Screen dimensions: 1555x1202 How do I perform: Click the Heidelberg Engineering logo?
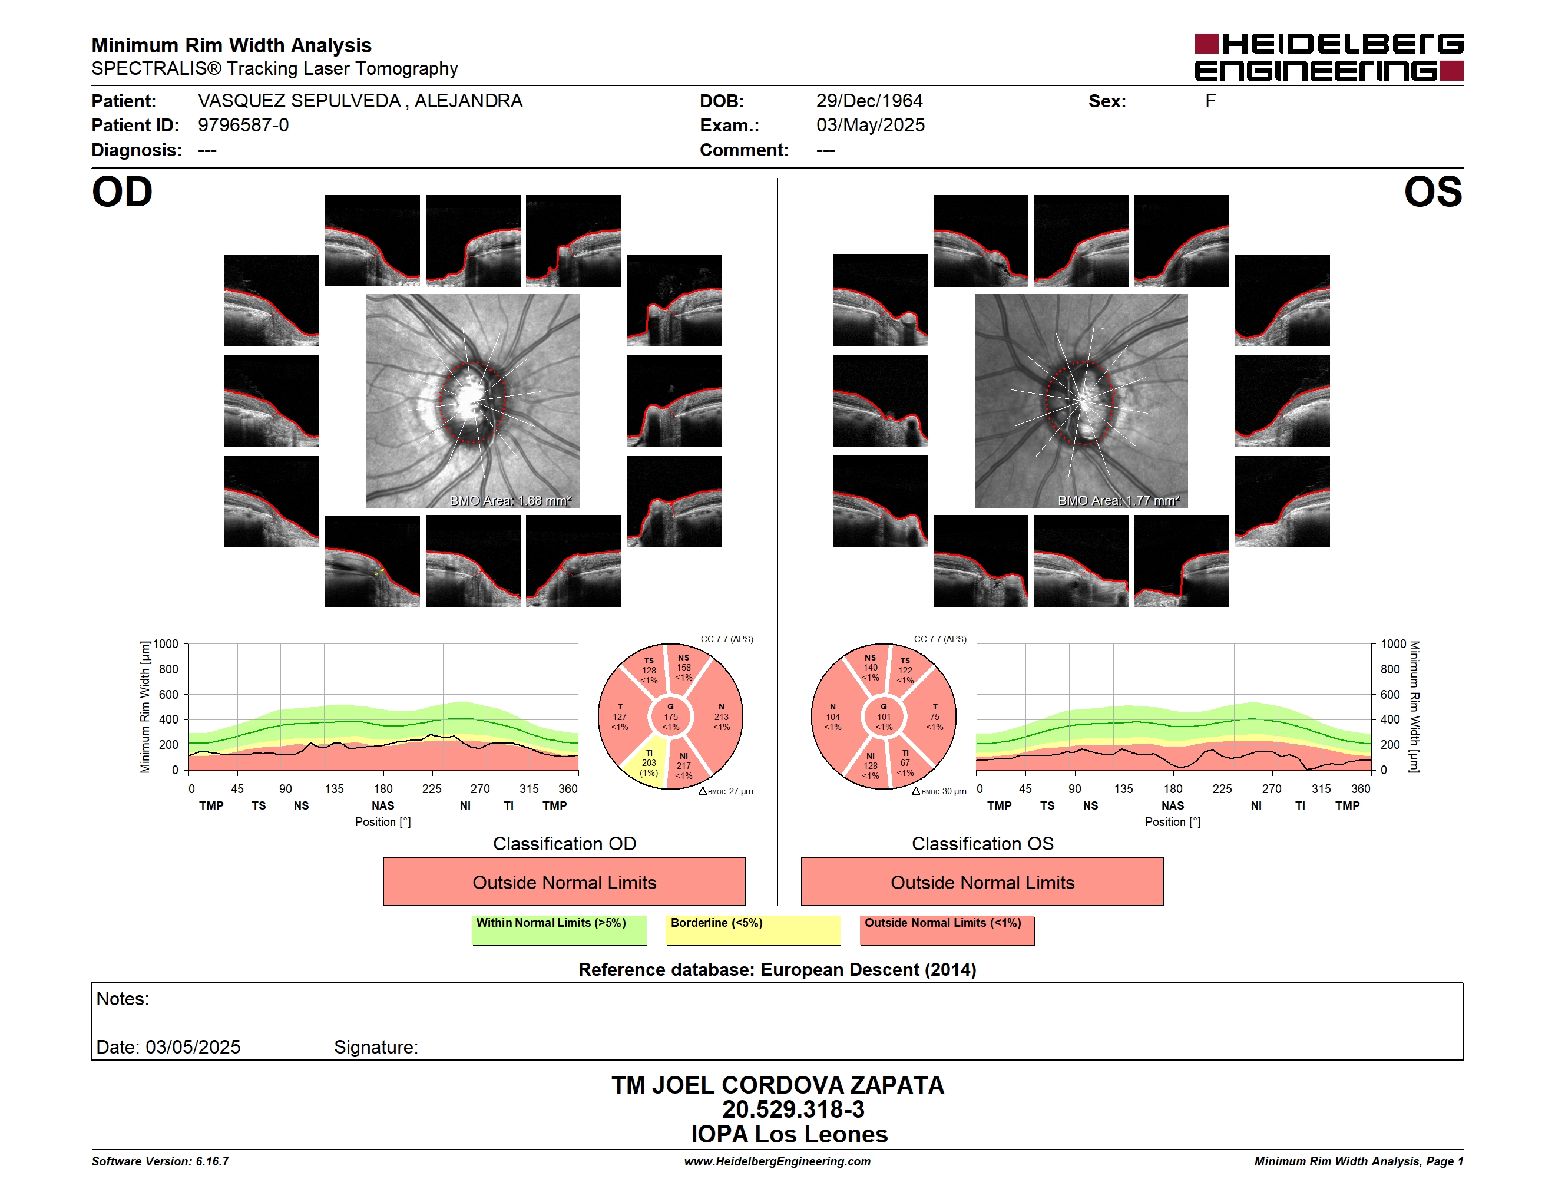tap(1329, 57)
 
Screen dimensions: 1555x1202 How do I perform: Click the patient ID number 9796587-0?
tap(243, 126)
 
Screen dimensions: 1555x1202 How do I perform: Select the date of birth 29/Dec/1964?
tap(869, 101)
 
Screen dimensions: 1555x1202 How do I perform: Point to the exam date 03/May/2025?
tap(870, 126)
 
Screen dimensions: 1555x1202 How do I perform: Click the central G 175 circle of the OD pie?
tap(671, 717)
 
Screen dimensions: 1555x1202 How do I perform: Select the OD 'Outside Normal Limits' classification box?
tap(564, 881)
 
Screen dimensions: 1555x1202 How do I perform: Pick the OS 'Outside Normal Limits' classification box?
tap(982, 881)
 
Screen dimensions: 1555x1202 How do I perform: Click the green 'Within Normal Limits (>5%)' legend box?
tap(559, 930)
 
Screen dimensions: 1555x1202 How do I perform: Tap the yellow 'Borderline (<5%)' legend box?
tap(753, 930)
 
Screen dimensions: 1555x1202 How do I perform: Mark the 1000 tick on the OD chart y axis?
tap(166, 644)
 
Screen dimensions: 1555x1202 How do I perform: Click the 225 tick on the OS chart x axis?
tap(1222, 788)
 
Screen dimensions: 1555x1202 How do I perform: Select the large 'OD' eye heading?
tap(123, 192)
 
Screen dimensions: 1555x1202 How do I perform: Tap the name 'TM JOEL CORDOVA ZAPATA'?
tap(777, 1085)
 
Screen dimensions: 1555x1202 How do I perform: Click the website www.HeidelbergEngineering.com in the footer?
tap(777, 1161)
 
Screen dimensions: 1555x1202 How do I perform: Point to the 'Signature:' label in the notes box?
tap(376, 1047)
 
